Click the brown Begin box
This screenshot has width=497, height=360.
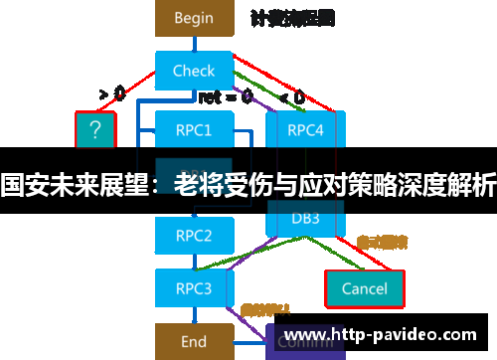click(x=194, y=18)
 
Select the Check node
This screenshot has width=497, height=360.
click(x=194, y=71)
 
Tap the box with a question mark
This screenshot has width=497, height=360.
click(x=95, y=129)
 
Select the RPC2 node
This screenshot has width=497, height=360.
click(x=194, y=236)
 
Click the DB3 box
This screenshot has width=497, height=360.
click(x=305, y=218)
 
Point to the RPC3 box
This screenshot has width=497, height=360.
click(x=194, y=288)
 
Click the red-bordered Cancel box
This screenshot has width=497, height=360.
click(x=364, y=288)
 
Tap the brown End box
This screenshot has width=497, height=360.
click(x=194, y=341)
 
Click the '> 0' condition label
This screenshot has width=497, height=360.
click(x=111, y=94)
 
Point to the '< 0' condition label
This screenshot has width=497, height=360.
click(x=292, y=97)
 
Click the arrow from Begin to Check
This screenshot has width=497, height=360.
click(x=194, y=44)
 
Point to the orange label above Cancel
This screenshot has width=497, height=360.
click(x=382, y=242)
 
